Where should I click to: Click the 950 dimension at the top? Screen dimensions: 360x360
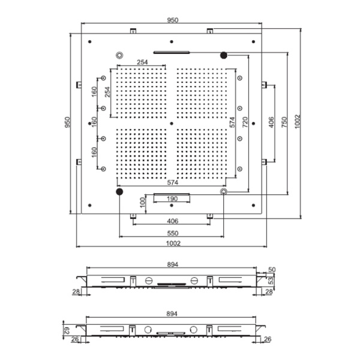point(172,20)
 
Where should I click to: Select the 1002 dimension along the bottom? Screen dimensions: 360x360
point(172,243)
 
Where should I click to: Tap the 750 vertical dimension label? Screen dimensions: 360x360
point(285,122)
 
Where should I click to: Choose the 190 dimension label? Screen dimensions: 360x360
point(172,199)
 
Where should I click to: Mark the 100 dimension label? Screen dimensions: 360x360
point(142,202)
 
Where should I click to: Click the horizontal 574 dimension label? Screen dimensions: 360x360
point(172,182)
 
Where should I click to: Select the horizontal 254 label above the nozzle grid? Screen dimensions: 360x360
point(142,62)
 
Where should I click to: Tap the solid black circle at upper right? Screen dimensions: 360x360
point(224,55)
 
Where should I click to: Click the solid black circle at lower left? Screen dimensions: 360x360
point(119,191)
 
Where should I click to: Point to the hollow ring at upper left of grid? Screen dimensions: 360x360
point(119,55)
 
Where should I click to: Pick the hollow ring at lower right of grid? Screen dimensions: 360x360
point(224,191)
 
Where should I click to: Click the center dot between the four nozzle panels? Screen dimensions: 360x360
point(172,124)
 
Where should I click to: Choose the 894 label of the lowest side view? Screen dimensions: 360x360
point(172,314)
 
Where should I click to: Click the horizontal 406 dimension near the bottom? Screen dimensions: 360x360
point(172,221)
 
